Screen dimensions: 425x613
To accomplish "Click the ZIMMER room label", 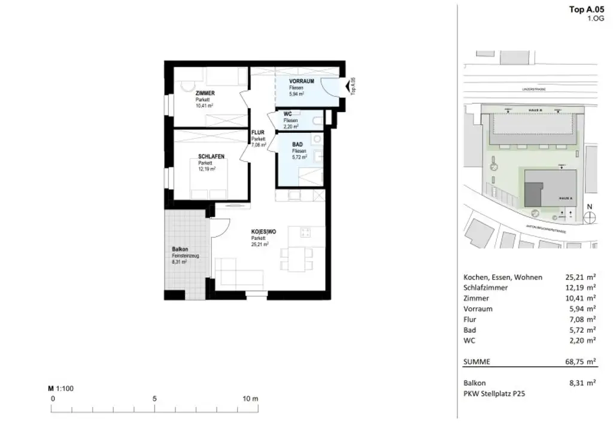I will click(x=205, y=93).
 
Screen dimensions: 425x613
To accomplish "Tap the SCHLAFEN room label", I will click(x=211, y=156).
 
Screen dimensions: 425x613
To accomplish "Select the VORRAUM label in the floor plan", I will click(x=301, y=81).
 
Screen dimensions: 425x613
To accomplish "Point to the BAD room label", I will click(x=298, y=145).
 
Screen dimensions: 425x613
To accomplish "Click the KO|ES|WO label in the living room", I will click(x=264, y=232).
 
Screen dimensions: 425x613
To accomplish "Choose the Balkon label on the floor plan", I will click(x=180, y=249).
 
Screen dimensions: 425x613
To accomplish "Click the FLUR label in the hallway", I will click(x=257, y=132).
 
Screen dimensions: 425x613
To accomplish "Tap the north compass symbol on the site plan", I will click(x=590, y=217).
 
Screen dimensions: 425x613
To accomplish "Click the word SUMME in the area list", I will click(x=477, y=362).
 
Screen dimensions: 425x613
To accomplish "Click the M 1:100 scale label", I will click(x=60, y=388).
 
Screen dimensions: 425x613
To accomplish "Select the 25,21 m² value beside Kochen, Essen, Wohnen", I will click(x=580, y=277).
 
